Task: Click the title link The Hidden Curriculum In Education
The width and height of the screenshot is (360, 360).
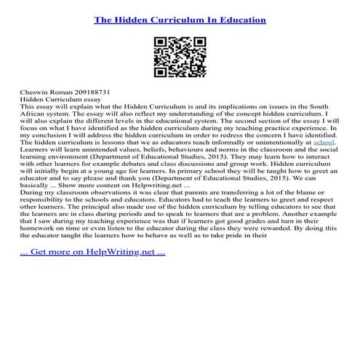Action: pos(180,20)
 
